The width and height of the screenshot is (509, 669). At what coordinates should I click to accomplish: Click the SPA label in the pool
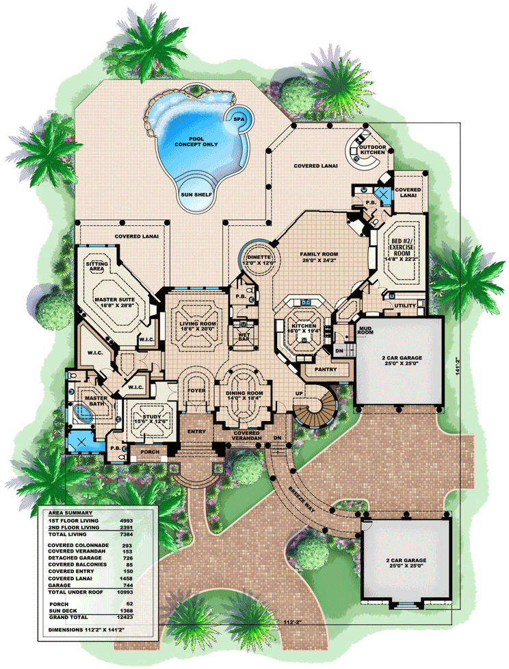click(x=238, y=118)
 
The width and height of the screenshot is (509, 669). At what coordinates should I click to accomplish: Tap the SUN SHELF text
click(x=196, y=194)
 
